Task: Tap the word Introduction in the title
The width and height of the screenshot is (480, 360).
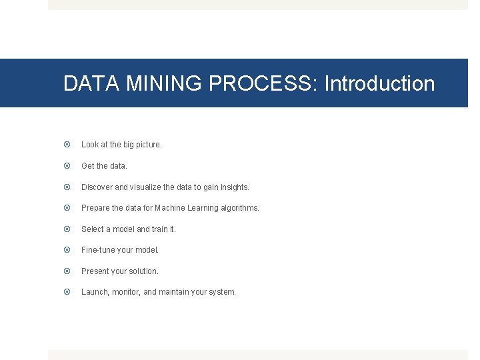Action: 379,84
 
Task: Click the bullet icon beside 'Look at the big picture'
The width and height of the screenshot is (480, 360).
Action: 67,145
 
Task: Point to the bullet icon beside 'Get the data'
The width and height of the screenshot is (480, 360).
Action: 67,166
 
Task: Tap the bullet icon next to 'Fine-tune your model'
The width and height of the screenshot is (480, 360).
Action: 67,250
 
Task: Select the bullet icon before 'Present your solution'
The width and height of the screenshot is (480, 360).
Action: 67,271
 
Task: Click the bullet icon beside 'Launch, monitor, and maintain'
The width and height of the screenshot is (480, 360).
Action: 67,292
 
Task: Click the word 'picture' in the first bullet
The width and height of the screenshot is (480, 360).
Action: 147,145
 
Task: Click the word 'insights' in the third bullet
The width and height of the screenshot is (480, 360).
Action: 233,187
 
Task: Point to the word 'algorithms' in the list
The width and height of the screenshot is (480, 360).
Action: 241,208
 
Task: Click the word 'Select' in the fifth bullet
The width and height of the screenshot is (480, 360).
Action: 93,229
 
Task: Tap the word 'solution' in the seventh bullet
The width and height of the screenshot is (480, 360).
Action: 143,271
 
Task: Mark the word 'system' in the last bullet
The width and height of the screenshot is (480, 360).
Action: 222,292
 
